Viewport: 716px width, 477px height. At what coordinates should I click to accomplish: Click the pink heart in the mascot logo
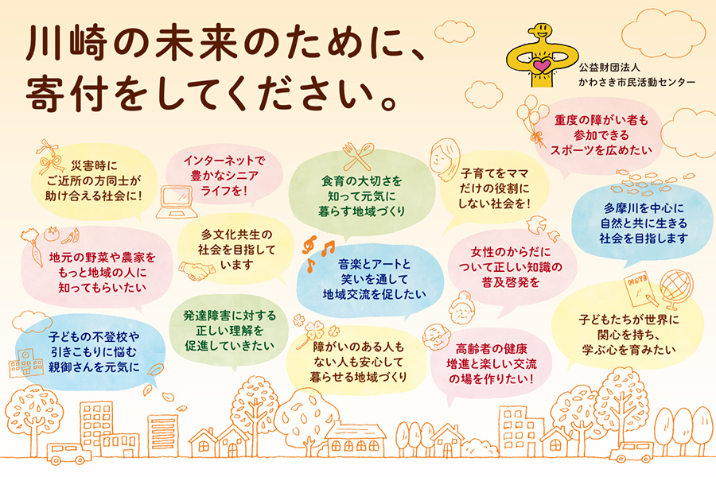(x=542, y=65)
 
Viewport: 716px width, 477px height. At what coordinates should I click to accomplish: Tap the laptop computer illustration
(x=177, y=201)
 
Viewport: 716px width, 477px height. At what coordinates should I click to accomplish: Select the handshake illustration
(x=197, y=270)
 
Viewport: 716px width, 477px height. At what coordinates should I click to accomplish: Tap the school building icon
(x=26, y=363)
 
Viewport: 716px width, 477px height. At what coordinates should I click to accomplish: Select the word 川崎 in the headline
(x=67, y=44)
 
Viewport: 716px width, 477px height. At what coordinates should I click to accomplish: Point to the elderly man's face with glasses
(x=436, y=338)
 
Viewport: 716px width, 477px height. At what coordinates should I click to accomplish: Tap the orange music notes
(x=317, y=253)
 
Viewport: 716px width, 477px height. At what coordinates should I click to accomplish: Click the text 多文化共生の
(x=236, y=235)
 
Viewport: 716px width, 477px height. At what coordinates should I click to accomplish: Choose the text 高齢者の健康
(x=492, y=349)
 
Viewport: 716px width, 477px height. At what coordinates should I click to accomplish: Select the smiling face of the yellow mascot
(x=539, y=33)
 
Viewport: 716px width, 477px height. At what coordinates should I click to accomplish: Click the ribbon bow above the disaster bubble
(x=49, y=157)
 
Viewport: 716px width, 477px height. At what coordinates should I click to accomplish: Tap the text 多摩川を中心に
(x=644, y=208)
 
